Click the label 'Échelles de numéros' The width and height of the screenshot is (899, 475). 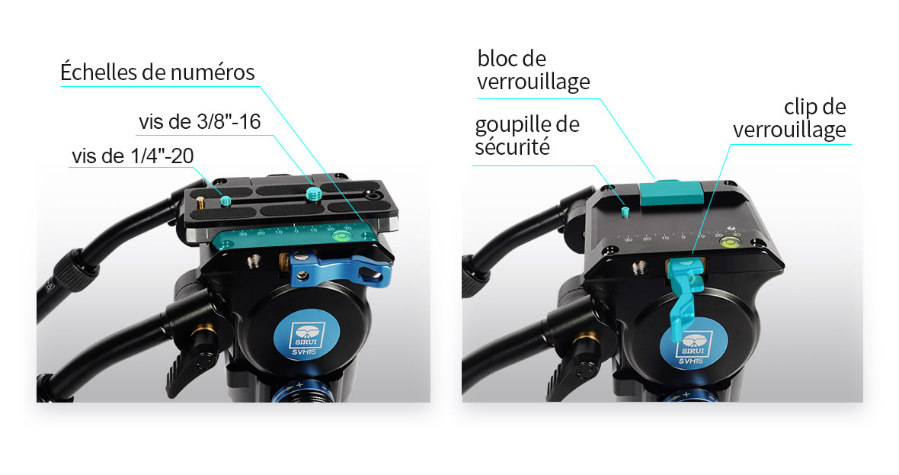(x=157, y=73)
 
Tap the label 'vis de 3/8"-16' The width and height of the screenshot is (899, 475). (x=200, y=122)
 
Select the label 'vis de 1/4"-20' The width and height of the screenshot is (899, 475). (x=133, y=156)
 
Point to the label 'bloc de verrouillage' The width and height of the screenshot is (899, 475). (x=533, y=70)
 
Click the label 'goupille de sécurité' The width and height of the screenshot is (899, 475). (x=527, y=136)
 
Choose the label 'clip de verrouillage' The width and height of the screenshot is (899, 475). (x=789, y=118)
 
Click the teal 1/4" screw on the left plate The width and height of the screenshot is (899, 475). (x=226, y=201)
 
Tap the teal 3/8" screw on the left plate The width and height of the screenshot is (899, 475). (x=313, y=194)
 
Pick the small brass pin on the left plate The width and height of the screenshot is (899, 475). (x=200, y=203)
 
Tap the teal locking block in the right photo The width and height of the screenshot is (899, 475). (x=671, y=193)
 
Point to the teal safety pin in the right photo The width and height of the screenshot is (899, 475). (x=625, y=212)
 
